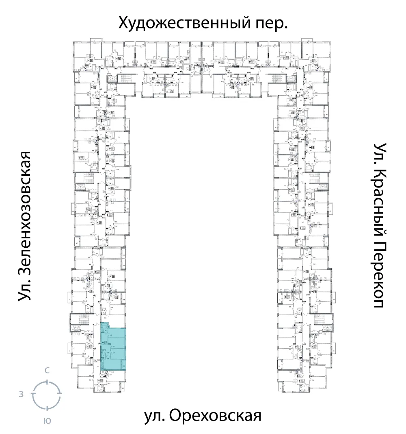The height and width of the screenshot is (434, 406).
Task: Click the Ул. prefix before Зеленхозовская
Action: (25, 289)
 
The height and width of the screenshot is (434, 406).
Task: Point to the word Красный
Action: (378, 200)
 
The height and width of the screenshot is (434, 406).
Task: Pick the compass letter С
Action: (47, 371)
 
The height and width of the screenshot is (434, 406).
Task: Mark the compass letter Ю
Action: (47, 421)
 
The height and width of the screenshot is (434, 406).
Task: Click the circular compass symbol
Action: (47, 395)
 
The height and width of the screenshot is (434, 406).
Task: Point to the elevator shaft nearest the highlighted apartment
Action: (76, 328)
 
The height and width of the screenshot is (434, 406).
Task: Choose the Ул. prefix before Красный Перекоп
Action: (378, 151)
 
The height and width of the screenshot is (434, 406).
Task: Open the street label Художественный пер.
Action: (203, 23)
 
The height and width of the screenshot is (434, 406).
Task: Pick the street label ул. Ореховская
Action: (202, 417)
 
